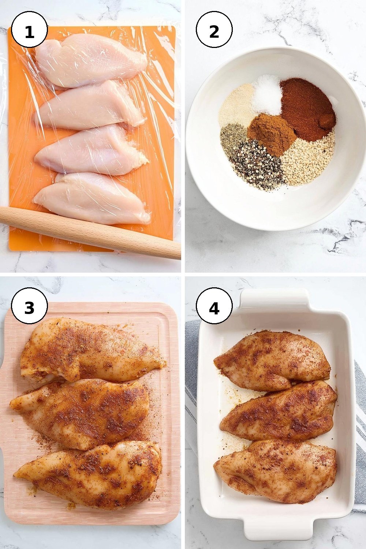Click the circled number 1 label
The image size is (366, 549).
29,30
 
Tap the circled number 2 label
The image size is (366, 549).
214,30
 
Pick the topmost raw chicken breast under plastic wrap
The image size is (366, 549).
91,60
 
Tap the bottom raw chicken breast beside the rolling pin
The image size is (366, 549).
92,198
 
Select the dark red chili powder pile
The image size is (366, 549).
308,109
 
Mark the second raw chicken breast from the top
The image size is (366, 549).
89,107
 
